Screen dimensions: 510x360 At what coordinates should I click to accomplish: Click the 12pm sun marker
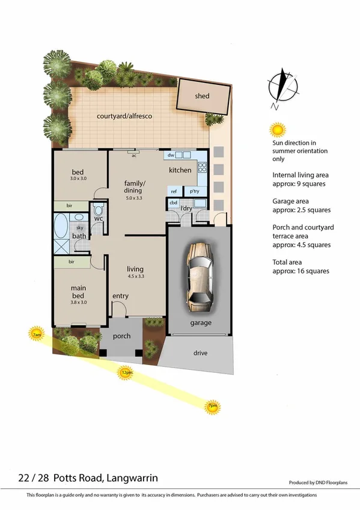point(126,373)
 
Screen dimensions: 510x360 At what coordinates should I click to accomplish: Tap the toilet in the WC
point(99,211)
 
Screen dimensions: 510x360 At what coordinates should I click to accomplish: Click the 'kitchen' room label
point(180,170)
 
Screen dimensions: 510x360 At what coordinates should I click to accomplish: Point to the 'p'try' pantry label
point(194,191)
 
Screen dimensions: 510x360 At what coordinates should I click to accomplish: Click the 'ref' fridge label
point(173,191)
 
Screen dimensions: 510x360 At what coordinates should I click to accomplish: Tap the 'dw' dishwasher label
point(171,155)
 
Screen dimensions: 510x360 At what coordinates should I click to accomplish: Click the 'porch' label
point(123,336)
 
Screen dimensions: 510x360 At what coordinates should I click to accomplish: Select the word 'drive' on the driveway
point(201,353)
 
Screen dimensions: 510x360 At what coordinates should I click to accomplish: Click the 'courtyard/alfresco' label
point(120,116)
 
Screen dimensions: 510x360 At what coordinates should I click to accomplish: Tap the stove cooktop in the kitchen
point(203,169)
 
